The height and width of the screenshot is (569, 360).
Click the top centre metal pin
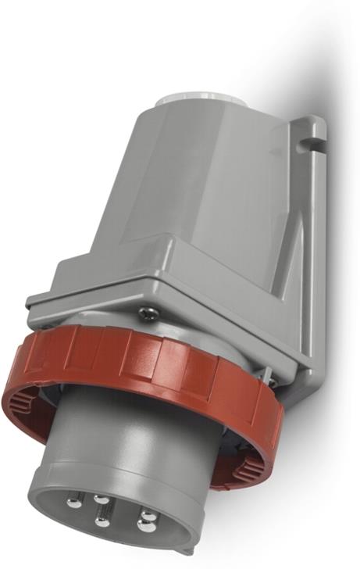point(100,500)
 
